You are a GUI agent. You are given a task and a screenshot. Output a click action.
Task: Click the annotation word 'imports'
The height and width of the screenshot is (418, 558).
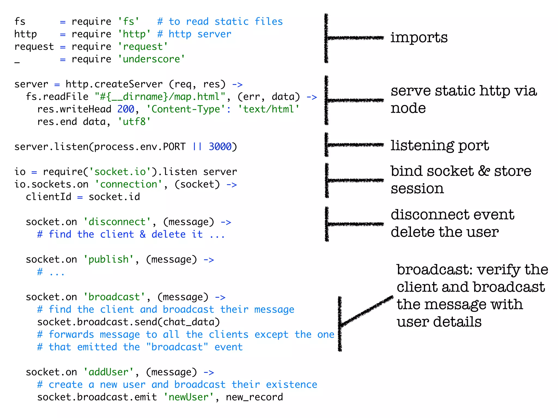(x=419, y=38)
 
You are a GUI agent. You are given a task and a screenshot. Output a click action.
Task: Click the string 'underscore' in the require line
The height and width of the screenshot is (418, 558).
(x=151, y=59)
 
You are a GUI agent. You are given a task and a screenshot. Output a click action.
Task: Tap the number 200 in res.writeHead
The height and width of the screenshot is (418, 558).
(x=126, y=109)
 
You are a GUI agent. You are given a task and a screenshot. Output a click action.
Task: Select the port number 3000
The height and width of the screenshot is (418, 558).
(x=220, y=147)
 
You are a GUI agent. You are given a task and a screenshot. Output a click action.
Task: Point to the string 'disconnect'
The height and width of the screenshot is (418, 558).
(x=117, y=222)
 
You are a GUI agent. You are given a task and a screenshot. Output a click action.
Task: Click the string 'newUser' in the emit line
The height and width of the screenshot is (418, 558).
(x=189, y=397)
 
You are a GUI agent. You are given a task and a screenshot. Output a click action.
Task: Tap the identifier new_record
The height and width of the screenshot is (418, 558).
(x=254, y=397)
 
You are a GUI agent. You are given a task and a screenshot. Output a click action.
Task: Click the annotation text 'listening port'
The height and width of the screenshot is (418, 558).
(x=439, y=146)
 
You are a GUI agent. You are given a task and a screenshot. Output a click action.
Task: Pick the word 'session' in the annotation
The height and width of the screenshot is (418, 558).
(x=417, y=188)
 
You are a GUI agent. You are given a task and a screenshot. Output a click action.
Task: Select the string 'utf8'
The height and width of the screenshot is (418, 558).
(x=134, y=122)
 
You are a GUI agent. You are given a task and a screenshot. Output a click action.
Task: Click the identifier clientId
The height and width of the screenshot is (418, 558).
(x=48, y=197)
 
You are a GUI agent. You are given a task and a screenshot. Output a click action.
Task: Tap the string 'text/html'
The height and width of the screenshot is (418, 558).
(x=269, y=109)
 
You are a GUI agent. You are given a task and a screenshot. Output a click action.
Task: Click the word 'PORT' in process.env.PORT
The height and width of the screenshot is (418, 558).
(x=174, y=147)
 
